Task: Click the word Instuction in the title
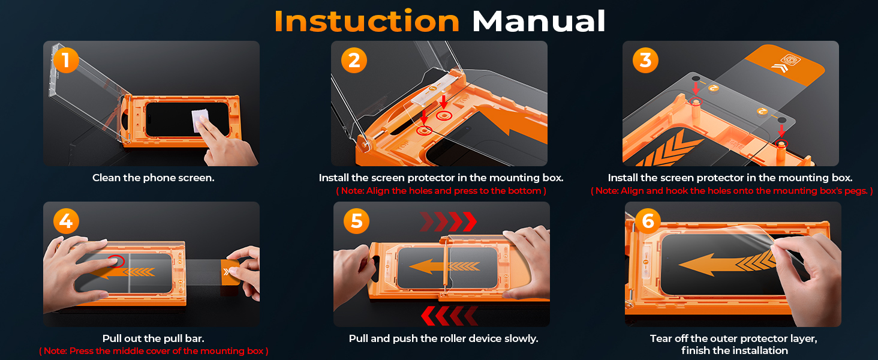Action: coord(366,21)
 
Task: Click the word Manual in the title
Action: coord(538,21)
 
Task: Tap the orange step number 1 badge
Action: coord(66,61)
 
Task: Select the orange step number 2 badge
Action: coord(354,61)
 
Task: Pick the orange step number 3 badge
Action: coord(645,61)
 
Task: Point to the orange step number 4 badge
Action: coord(66,221)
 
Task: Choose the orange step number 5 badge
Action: coord(356,221)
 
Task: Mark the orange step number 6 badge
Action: coord(648,221)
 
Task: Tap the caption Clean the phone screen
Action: coord(153,178)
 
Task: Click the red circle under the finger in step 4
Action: coord(116,261)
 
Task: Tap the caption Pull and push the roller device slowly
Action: coord(443,338)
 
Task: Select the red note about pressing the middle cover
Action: coord(154,351)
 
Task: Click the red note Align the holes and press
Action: coord(441,191)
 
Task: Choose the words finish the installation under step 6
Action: coord(735,351)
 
